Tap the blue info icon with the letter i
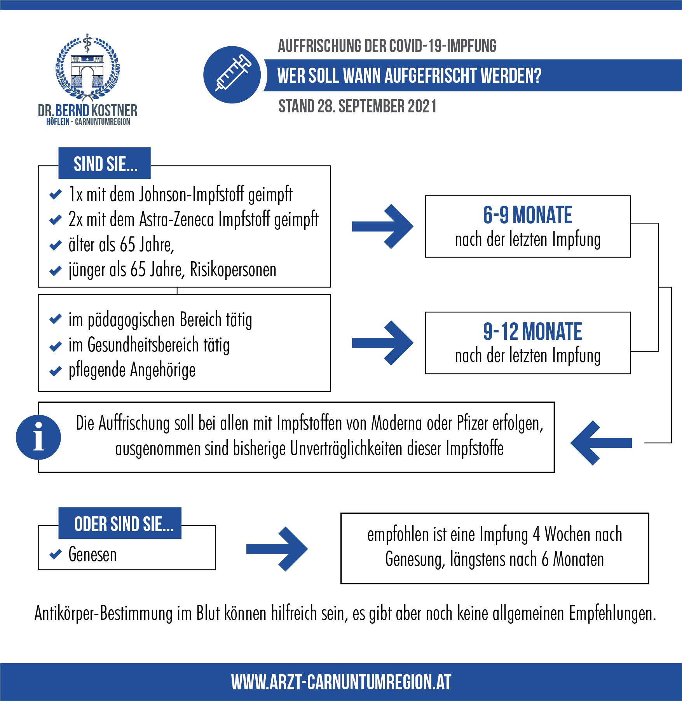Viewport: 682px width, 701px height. coord(38,437)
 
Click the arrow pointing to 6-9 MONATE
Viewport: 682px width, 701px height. coord(382,226)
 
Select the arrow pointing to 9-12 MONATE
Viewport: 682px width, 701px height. coord(382,343)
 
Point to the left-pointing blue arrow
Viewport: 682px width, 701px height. coord(601,443)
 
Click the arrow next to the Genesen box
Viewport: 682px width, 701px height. coord(277,549)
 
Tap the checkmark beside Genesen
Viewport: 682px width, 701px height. coord(56,554)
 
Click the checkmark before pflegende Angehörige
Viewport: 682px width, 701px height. coord(56,371)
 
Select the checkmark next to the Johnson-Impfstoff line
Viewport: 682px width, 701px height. coord(56,194)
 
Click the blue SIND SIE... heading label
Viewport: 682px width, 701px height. coord(105,163)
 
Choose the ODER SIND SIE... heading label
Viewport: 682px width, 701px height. coord(120,523)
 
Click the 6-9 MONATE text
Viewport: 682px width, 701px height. coord(527,215)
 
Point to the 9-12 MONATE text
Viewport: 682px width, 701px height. coord(532,331)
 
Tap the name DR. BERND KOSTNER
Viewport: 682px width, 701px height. coord(87,110)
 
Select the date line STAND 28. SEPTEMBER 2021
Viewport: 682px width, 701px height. coord(358,106)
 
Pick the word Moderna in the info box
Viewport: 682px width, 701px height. coord(396,423)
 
